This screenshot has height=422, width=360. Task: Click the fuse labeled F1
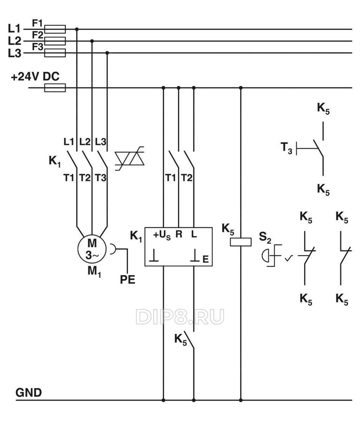pos(55,29)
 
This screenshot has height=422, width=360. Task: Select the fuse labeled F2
pos(55,41)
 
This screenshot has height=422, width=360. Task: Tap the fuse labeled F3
pos(55,53)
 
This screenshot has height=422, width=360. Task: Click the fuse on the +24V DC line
pos(55,88)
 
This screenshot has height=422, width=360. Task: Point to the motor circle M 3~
pos(92,249)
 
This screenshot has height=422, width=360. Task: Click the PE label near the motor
pos(127,280)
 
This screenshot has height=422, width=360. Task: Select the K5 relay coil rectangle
pos(240,242)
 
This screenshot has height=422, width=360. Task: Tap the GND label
pos(28,392)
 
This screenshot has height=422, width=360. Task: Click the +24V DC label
pos(35,77)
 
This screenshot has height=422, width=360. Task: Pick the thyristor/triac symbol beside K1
pos(130,159)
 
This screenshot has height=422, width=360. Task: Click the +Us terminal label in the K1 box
pos(162,235)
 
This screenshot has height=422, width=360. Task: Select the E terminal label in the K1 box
pos(206,260)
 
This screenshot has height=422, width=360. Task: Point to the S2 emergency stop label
pos(265,237)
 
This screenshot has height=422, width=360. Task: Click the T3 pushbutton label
pos(286,147)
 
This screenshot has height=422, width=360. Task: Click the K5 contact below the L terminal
pos(190,340)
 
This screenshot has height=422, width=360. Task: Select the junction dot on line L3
pos(107,53)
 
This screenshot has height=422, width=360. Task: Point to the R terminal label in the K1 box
pos(179,234)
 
